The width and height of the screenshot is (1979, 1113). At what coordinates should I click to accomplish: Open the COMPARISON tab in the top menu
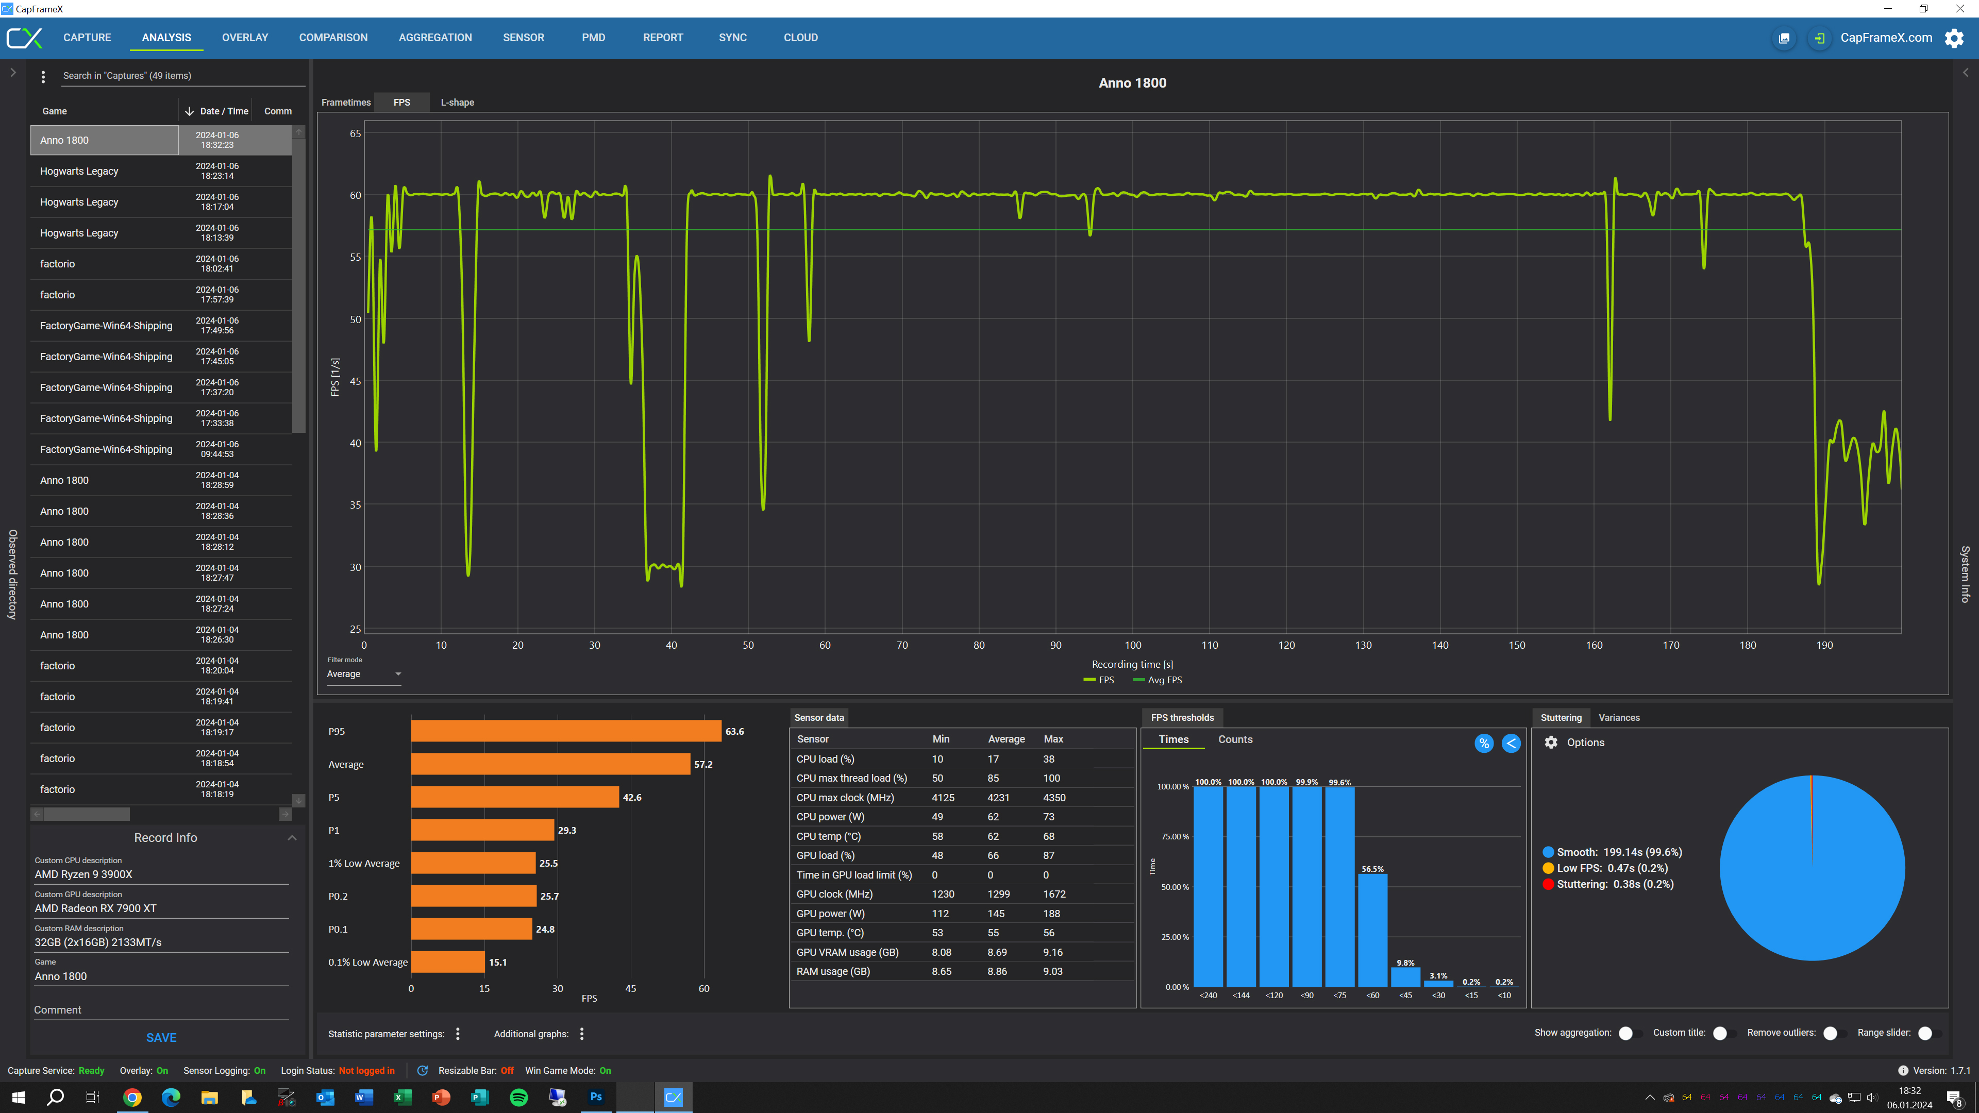coord(332,38)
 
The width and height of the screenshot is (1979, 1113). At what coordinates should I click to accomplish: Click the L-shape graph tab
coord(457,102)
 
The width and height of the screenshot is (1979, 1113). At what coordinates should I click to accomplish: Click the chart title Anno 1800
coord(1132,83)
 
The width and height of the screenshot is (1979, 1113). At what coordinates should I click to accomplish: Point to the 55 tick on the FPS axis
coord(355,257)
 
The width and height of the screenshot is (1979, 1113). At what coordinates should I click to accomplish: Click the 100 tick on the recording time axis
coord(1132,645)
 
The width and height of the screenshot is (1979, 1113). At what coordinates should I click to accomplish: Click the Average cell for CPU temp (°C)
coord(993,836)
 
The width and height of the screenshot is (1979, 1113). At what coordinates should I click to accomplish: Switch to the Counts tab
coord(1235,740)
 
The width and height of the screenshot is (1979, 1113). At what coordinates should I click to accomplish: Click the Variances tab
coord(1619,717)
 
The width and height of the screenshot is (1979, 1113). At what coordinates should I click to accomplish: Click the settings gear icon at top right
coord(1954,38)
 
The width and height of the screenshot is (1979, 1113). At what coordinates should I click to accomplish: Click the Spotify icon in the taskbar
coord(518,1097)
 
